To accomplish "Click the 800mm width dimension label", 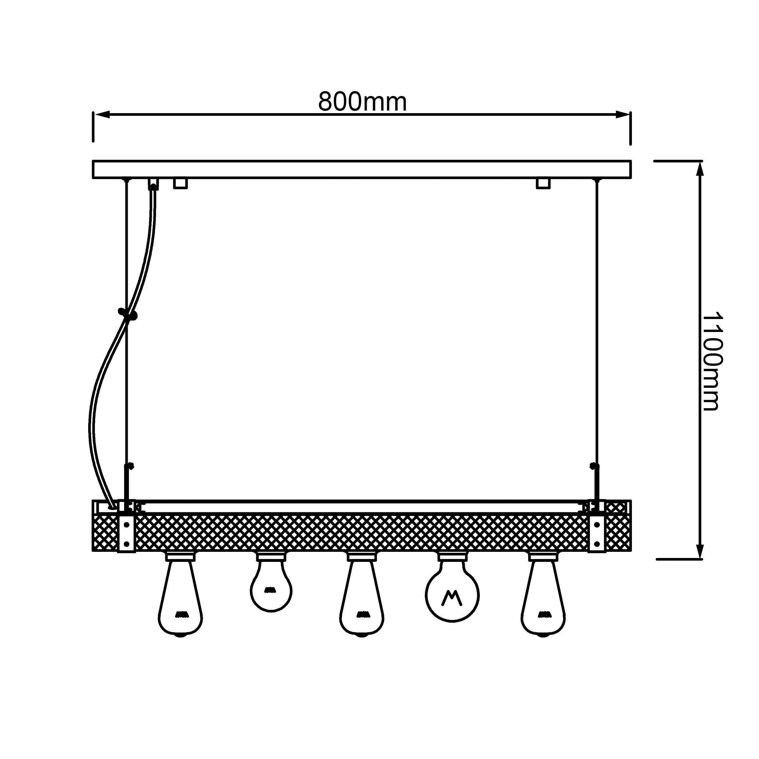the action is click(x=362, y=102).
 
